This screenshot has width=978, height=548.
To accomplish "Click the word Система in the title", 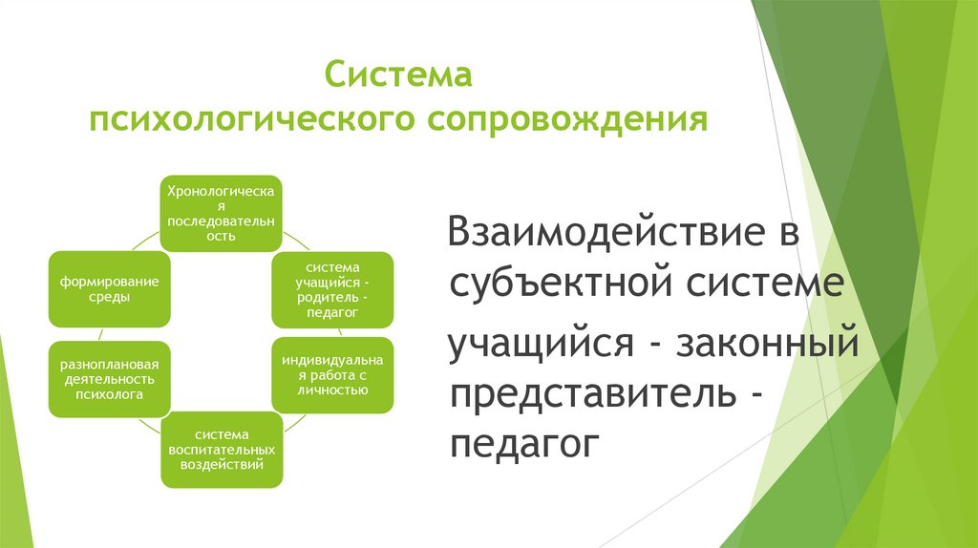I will click(399, 74).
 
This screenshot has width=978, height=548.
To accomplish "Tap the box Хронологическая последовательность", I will click(221, 213).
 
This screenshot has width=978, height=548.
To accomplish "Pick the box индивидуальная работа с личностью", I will click(332, 374).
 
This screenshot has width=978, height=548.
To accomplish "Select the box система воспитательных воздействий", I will click(221, 450).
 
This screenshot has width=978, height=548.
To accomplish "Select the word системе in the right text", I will click(772, 285).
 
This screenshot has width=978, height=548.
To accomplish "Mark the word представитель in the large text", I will click(593, 394).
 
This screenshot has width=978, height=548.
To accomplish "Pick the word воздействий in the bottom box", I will click(221, 464).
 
